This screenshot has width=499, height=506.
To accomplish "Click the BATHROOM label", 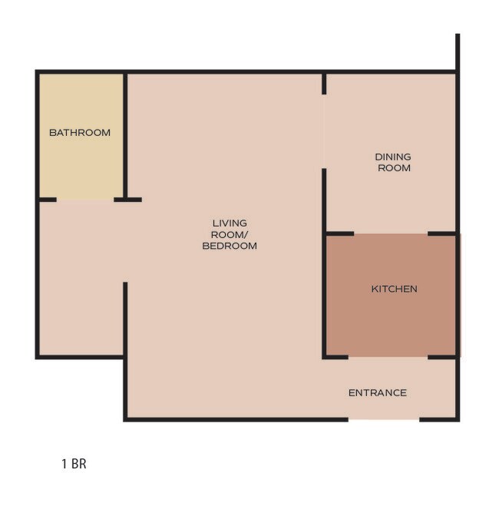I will click(80, 133).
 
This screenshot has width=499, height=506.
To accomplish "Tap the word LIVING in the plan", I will click(230, 223).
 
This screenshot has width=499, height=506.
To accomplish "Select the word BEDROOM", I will click(230, 246).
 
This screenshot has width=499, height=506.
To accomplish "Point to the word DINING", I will click(392, 157).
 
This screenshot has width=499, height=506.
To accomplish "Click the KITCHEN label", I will click(394, 289).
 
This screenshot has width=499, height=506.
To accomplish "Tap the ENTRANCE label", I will click(377, 393).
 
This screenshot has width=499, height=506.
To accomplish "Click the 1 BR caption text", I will click(74, 465).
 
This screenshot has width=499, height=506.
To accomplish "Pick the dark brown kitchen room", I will click(392, 315).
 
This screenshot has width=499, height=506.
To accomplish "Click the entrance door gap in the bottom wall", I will click(384, 419).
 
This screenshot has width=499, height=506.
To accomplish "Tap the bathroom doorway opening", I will click(85, 200).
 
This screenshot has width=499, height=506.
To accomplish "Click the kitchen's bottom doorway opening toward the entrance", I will click(388, 357).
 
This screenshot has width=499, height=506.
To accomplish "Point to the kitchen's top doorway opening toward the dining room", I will click(391, 233).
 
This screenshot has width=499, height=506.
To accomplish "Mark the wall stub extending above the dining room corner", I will click(458, 52).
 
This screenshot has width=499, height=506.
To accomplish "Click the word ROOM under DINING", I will click(393, 167).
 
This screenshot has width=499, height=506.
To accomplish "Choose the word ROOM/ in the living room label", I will click(230, 235).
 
